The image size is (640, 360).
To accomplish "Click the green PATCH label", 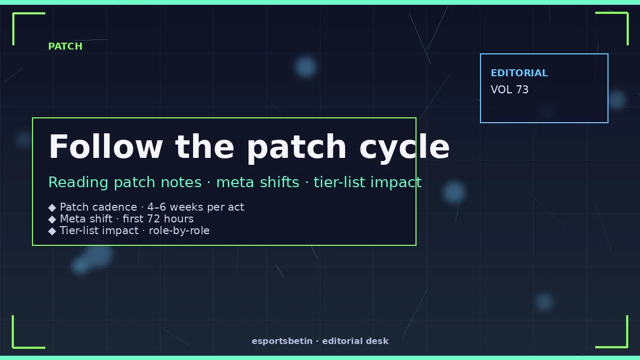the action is point(65,46).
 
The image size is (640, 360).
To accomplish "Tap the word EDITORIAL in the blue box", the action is point(519,73).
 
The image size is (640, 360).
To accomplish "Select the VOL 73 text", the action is point(509,90).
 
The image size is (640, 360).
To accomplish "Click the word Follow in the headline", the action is point(106,146).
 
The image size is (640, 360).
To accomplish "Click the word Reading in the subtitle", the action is point(78,182).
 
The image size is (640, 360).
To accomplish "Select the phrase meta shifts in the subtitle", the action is point(258,182).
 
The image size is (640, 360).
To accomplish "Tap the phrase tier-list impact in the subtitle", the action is point(367,182).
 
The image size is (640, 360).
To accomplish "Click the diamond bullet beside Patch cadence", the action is point(52,207).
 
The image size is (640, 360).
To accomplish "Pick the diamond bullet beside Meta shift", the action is point(52,219).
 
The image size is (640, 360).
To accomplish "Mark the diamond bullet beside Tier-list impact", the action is point(52,231).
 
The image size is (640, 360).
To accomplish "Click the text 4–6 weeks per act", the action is point(196,207).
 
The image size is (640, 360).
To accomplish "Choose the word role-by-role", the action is point(179,230).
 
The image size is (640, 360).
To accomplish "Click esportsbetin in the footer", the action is point(282,341).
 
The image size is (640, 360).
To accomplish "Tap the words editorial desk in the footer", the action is point(355,341).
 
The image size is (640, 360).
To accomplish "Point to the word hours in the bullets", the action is point(179,219).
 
